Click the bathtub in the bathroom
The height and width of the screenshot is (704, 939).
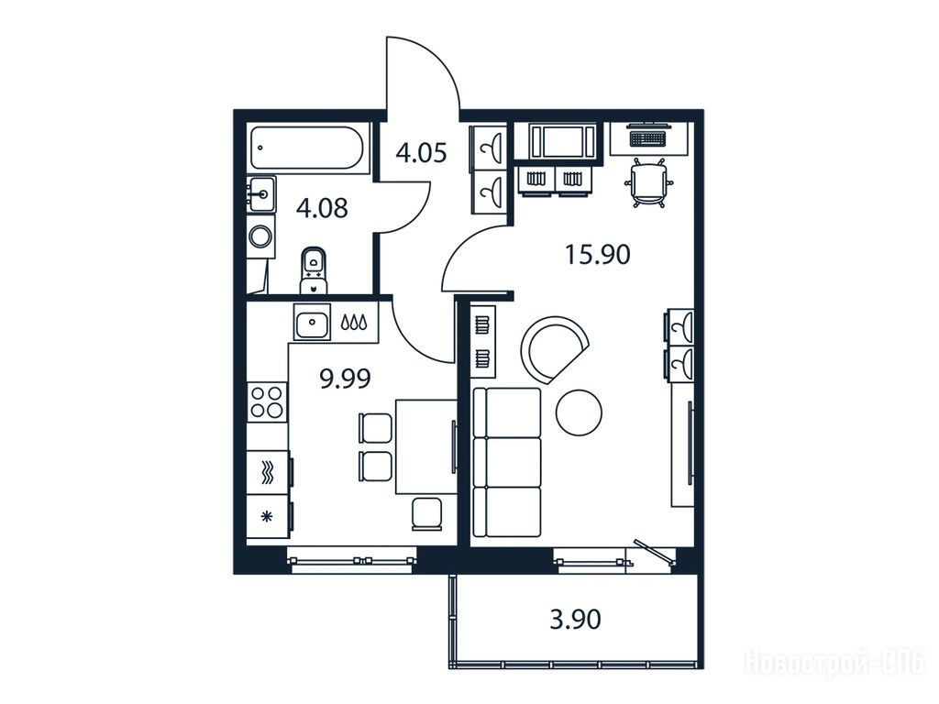tap(306, 148)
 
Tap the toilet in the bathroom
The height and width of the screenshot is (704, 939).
tap(315, 270)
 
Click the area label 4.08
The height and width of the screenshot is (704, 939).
tap(322, 209)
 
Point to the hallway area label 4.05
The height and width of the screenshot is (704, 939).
tap(422, 153)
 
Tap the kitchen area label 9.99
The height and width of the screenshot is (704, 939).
tap(346, 379)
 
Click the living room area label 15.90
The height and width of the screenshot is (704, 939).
tap(598, 255)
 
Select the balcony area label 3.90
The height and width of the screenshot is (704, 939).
tap(575, 619)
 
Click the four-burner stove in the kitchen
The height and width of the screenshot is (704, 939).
tap(267, 401)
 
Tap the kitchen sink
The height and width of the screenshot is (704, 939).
tap(312, 324)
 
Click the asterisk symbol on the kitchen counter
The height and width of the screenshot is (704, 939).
tap(269, 516)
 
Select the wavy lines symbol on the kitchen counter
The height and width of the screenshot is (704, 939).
tap(269, 472)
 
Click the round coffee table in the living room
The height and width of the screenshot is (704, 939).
tap(580, 412)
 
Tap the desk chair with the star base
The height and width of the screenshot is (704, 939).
tap(647, 182)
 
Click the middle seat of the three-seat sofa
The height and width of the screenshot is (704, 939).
tap(506, 462)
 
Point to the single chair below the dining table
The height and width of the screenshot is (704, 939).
tap(427, 513)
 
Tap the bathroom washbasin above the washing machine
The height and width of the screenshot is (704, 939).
tap(261, 193)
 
